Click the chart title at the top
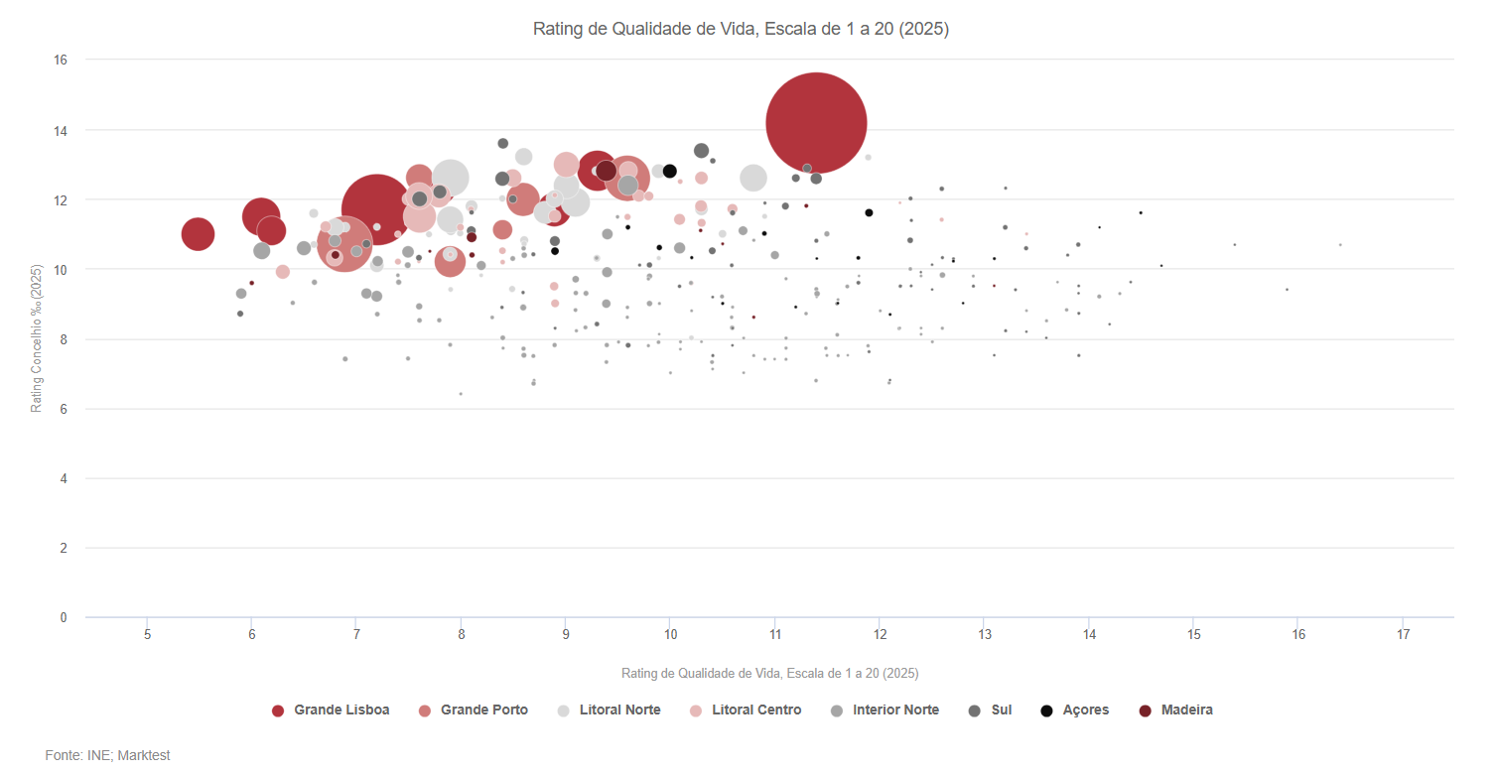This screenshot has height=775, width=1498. click(741, 30)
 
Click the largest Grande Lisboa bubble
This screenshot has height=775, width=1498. click(816, 123)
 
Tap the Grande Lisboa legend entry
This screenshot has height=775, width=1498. click(331, 710)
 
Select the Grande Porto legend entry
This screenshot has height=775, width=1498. click(474, 710)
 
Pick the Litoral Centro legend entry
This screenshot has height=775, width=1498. click(746, 710)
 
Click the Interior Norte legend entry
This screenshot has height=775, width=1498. click(885, 710)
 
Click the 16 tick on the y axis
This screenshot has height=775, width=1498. click(60, 61)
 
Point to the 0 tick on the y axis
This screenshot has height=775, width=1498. click(63, 618)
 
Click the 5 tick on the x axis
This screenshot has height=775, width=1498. click(147, 634)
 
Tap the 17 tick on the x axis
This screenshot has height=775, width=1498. click(1403, 634)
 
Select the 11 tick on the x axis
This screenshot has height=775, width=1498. click(775, 634)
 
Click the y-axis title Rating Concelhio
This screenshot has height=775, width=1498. click(37, 338)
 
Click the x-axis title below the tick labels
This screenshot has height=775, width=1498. click(769, 674)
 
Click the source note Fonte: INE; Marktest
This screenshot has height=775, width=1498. click(107, 756)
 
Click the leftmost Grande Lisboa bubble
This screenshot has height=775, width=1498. click(198, 234)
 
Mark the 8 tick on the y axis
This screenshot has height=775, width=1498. click(63, 339)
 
